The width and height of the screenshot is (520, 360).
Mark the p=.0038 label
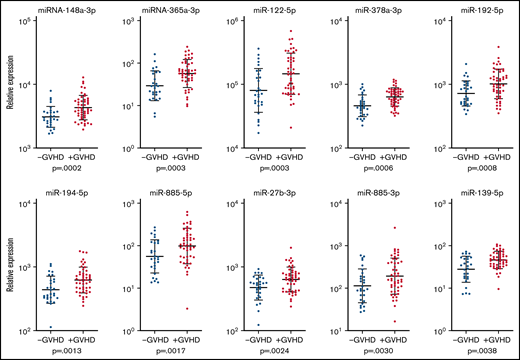[x=472, y=353]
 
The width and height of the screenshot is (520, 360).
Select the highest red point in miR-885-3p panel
[x=394, y=229]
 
